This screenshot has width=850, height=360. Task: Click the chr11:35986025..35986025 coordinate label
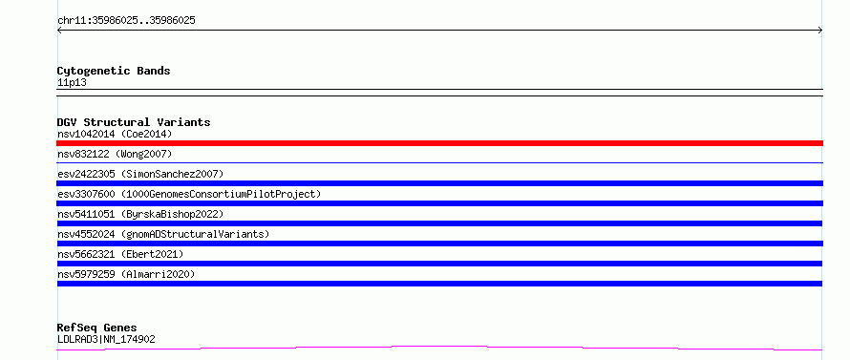[126, 21]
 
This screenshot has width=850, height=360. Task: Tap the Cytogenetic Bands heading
[114, 71]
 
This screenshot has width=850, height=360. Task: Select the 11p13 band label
[72, 83]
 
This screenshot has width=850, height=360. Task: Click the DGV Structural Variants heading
[134, 122]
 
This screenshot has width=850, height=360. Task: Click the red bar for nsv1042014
[439, 143]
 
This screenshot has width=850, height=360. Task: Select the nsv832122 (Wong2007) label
[115, 154]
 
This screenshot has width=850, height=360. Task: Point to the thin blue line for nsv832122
[439, 162]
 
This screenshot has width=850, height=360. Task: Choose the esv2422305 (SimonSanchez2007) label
[140, 174]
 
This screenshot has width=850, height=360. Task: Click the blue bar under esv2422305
[439, 183]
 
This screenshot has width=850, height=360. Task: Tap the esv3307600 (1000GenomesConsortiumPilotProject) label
[189, 194]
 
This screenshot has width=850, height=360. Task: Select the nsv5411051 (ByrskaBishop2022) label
[140, 214]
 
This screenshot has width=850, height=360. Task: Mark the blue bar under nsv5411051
[439, 223]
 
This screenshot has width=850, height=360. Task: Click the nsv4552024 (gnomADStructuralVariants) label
[163, 234]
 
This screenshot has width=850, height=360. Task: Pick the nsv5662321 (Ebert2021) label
[120, 254]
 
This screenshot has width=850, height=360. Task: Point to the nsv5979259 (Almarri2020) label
[126, 274]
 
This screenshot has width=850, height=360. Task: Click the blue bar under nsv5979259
[439, 284]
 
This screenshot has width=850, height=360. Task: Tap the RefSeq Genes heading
[96, 328]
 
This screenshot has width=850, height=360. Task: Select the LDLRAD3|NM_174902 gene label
[106, 339]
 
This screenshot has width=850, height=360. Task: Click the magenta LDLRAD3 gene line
[439, 347]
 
